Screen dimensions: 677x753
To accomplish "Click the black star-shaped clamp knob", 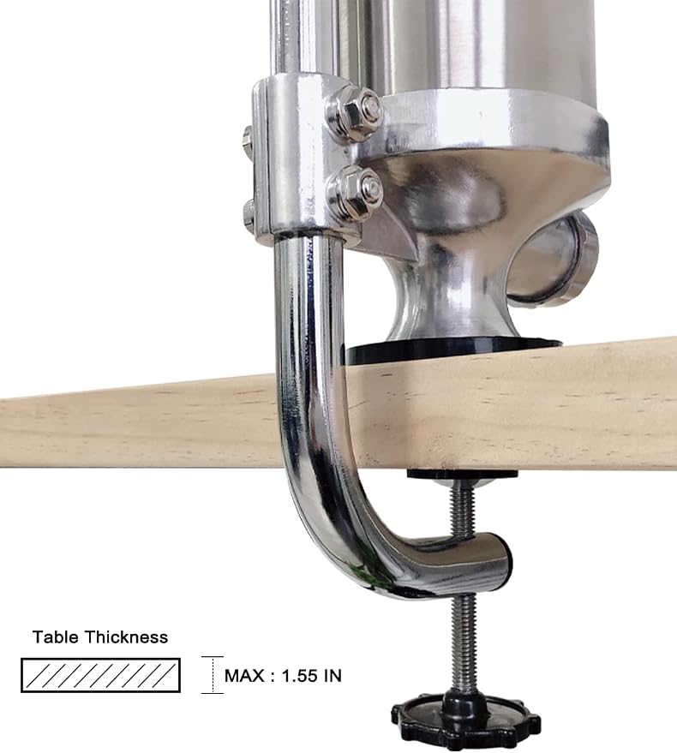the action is pos(466,720).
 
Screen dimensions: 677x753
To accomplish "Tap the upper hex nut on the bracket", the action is pos(355,113).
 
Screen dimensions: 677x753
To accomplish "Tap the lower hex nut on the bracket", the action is pos(355,193).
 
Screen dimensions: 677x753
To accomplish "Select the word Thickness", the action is pos(126,637).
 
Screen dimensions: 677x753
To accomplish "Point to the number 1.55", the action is pos(300,676).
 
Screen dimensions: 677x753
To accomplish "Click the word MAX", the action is pos(244,676).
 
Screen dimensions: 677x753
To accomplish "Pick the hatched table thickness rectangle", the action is pos(100,675).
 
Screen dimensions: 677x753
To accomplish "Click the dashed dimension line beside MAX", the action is pos(213,675).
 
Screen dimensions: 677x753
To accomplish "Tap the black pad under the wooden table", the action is pos(462,475).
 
